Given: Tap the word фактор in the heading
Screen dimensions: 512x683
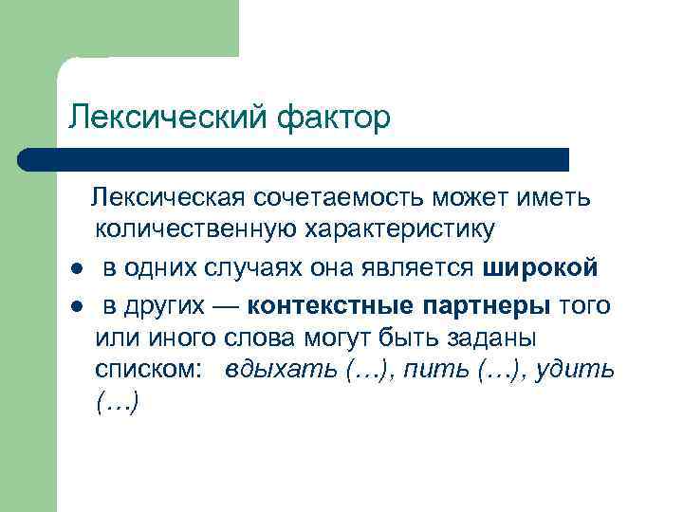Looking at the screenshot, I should [334, 118].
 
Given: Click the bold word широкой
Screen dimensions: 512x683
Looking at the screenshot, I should [541, 268].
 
